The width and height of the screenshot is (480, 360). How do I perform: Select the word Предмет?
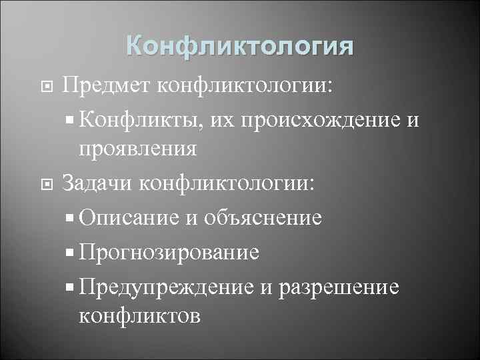pos(105,85)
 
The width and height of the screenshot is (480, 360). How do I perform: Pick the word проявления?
pos(137,149)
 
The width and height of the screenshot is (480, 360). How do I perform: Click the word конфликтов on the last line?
pos(139,315)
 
